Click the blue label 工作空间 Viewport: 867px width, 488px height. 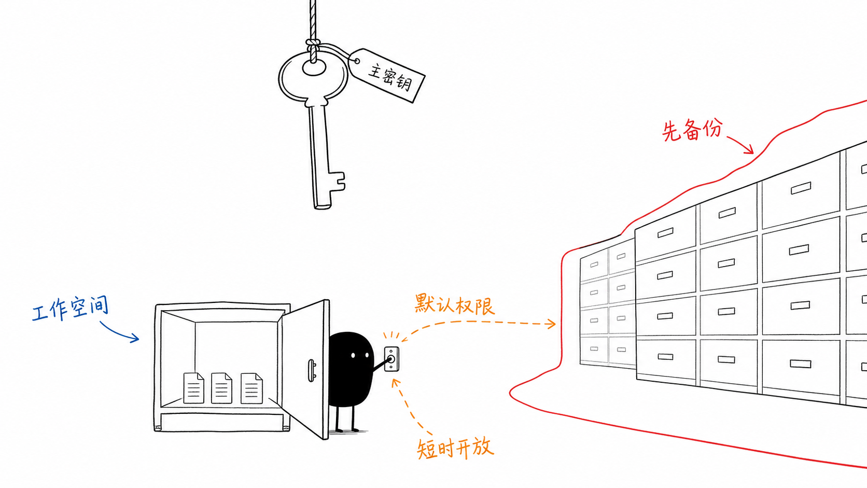pyautogui.click(x=70, y=309)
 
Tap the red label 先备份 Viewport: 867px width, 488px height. pyautogui.click(x=692, y=130)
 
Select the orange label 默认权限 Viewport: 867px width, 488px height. pyautogui.click(x=454, y=304)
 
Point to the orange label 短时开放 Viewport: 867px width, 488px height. pyautogui.click(x=455, y=448)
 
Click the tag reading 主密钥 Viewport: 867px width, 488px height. pyautogui.click(x=387, y=75)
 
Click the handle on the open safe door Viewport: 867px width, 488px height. pyautogui.click(x=312, y=370)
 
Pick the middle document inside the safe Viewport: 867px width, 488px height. pyautogui.click(x=221, y=388)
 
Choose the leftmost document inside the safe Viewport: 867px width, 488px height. pyautogui.click(x=193, y=388)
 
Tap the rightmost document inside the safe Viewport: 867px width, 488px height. pyautogui.click(x=251, y=388)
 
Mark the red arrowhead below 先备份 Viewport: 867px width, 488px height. pyautogui.click(x=750, y=149)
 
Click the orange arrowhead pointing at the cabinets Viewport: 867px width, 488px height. pyautogui.click(x=552, y=324)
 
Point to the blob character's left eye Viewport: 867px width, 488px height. pyautogui.click(x=353, y=355)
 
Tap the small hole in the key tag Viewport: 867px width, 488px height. pyautogui.click(x=357, y=61)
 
